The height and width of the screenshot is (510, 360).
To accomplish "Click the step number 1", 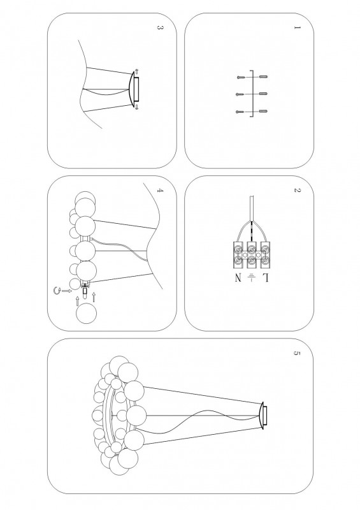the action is (296, 27).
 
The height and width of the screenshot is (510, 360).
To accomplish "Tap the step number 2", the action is (296, 190).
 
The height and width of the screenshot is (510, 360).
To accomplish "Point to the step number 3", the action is (160, 27).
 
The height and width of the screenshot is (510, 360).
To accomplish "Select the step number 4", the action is (160, 190).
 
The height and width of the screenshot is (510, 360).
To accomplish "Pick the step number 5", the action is (296, 354).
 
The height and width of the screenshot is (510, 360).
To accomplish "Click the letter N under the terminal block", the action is (238, 279).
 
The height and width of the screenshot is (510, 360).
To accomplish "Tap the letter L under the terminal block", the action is (265, 279).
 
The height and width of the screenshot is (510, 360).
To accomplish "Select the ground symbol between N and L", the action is (252, 278).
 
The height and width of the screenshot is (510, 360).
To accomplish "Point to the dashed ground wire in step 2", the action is (252, 231).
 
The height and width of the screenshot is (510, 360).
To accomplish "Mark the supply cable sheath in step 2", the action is (252, 208).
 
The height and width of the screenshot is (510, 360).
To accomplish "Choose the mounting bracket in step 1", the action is (252, 94).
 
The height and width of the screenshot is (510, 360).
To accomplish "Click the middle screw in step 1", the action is (240, 94).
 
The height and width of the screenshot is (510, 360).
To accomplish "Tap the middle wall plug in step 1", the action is (263, 94).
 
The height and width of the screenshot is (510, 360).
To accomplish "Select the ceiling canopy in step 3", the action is (134, 89).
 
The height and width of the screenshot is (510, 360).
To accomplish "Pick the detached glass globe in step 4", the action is (86, 313).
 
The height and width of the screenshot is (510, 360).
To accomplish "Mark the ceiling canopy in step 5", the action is (263, 416).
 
